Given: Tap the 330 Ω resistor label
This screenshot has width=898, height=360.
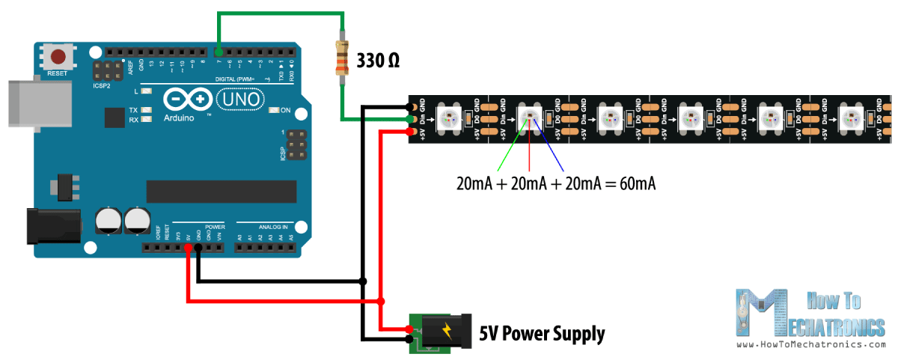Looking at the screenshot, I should coord(378,61).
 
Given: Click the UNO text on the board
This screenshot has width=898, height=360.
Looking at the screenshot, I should coord(239,98).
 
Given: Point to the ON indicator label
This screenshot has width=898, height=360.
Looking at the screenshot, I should coord(285,111).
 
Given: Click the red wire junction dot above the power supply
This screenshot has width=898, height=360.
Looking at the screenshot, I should coord(381,302).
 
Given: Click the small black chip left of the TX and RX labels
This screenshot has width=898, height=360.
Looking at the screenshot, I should coord(115,118).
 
